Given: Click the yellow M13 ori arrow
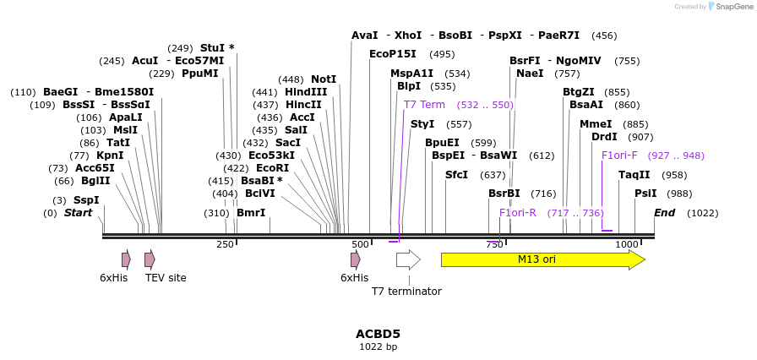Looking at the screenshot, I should [541, 259].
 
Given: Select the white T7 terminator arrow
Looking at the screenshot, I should [408, 259].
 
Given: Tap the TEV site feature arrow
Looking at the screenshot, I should [150, 259].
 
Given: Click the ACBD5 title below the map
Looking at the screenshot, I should [378, 334].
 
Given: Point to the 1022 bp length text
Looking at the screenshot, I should [378, 347].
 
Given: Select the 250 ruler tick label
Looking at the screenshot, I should [225, 244].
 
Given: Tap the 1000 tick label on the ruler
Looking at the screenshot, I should [627, 244].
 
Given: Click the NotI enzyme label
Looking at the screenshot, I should [324, 79].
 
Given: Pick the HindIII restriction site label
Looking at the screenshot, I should [306, 92].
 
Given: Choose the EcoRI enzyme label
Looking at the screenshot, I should [273, 168].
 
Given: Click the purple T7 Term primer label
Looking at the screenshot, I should [424, 105].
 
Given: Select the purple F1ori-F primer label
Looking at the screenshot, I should [619, 155].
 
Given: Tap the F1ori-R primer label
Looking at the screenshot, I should [518, 213].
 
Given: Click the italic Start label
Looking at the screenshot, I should [78, 213].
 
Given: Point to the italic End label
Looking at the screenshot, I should [664, 213].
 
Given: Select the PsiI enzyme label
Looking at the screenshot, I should [645, 194].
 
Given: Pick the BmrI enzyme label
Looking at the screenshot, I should [251, 213].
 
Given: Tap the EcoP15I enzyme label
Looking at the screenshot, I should [393, 54].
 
